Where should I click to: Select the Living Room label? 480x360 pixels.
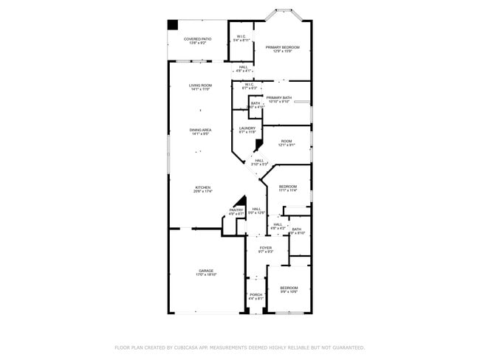[200, 87]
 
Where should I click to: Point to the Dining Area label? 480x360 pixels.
[200, 131]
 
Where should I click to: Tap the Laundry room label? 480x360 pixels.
[247, 130]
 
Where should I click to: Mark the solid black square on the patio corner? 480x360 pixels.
[173, 24]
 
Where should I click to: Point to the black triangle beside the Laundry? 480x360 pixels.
[258, 145]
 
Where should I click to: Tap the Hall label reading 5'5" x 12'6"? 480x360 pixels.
[256, 211]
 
